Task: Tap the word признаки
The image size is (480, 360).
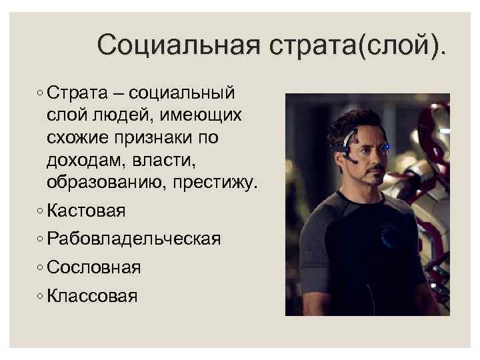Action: pyautogui.click(x=167, y=137)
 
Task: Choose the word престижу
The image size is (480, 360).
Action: pyautogui.click(x=215, y=183)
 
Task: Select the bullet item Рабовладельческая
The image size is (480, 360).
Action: pyautogui.click(x=134, y=239)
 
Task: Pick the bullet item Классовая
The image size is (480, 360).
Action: pyautogui.click(x=93, y=295)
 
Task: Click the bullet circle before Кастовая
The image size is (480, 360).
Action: pyautogui.click(x=41, y=212)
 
